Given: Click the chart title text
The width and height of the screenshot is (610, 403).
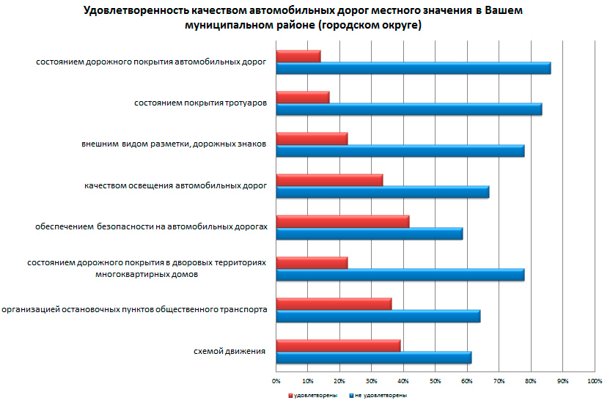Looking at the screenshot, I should tap(304, 18).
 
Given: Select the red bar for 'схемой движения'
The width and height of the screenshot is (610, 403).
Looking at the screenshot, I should tap(338, 346).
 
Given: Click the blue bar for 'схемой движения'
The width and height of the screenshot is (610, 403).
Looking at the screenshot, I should tap(373, 358).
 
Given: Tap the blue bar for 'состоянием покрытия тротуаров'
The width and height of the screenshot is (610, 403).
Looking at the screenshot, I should tap(408, 109).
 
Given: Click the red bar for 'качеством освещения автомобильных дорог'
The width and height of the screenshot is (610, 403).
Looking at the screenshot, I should tap(329, 180).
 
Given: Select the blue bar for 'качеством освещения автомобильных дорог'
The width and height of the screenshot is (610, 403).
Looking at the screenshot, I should tap(382, 192).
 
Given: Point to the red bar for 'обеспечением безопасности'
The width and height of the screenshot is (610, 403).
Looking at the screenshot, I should tap(342, 221).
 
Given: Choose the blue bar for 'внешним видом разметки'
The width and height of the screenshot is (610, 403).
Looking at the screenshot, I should tap(400, 151).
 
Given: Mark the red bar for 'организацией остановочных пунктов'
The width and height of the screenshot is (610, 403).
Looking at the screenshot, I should tap(334, 304).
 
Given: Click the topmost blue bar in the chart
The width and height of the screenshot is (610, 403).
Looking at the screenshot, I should tap(413, 68).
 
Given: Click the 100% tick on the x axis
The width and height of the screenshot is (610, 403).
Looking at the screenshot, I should tap(594, 381).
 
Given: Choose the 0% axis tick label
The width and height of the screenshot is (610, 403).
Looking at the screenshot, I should tap(276, 381).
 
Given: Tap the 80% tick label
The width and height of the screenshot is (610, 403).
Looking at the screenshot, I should tap(530, 381).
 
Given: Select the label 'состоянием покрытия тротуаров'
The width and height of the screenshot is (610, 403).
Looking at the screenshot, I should tap(199, 103).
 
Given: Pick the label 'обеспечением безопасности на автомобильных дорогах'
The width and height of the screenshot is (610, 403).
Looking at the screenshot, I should tap(151, 227).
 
